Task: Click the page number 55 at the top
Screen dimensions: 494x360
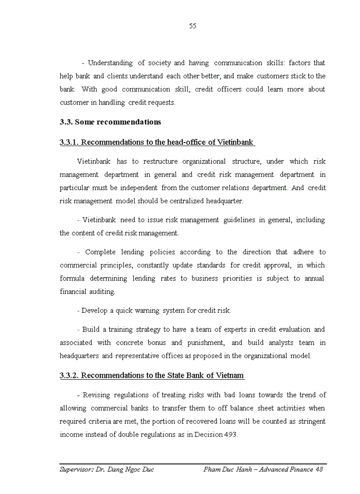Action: tap(193, 26)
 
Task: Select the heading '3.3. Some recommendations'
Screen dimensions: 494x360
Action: tap(110, 122)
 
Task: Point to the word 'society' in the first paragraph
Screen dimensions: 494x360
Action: tap(159, 63)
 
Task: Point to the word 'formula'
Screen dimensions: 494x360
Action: tap(73, 278)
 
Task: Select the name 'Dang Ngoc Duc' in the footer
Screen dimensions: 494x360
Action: tap(129, 469)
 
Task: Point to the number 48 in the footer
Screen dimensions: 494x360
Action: tap(318, 469)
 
